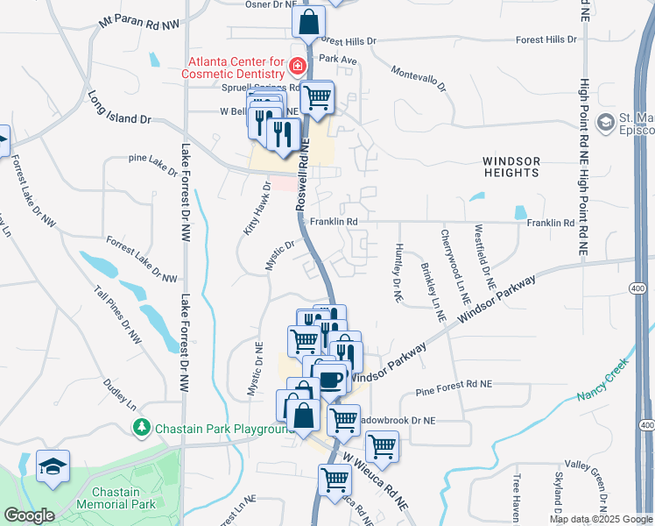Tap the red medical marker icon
(x=298, y=66)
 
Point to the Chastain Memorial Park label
(x=115, y=497)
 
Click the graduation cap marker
(x=53, y=466)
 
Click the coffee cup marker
(x=329, y=379)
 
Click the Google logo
(x=29, y=515)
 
